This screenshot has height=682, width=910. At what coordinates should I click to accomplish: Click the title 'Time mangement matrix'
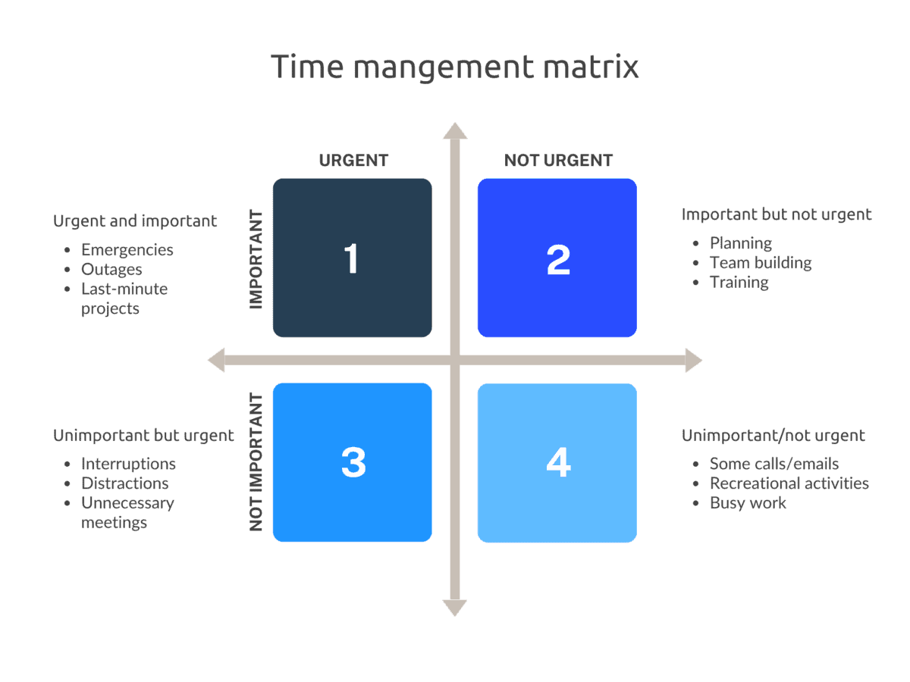click(455, 67)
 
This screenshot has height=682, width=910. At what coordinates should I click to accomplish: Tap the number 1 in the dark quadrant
click(351, 258)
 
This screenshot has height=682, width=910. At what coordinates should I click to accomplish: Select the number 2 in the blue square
click(558, 259)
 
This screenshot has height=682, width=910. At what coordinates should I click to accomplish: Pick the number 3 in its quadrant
click(353, 462)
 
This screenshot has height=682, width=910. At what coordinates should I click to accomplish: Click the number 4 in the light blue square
click(558, 462)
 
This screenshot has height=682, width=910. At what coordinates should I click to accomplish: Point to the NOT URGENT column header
click(558, 161)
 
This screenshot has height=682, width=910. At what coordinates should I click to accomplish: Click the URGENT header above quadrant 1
click(353, 161)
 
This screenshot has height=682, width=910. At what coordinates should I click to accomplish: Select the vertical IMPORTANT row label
click(256, 259)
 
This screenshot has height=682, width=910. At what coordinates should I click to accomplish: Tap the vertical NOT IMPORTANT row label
click(256, 461)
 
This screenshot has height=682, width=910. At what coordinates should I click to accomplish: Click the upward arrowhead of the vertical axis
click(455, 131)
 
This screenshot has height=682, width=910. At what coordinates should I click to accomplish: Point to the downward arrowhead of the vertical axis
click(455, 607)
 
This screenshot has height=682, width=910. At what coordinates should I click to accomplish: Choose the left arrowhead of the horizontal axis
click(217, 361)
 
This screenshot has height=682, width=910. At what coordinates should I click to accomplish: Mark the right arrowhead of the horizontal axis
click(693, 361)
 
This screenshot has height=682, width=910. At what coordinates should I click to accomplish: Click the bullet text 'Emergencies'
click(127, 250)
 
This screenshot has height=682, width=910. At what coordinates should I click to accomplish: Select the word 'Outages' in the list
click(111, 270)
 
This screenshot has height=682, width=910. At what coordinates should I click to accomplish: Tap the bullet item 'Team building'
click(760, 263)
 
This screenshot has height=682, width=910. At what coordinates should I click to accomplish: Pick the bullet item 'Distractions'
click(124, 483)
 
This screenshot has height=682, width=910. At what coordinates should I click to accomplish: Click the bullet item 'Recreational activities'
click(789, 483)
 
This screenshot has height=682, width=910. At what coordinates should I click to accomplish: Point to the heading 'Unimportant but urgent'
click(143, 436)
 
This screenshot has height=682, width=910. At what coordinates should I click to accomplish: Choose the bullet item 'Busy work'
click(748, 503)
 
